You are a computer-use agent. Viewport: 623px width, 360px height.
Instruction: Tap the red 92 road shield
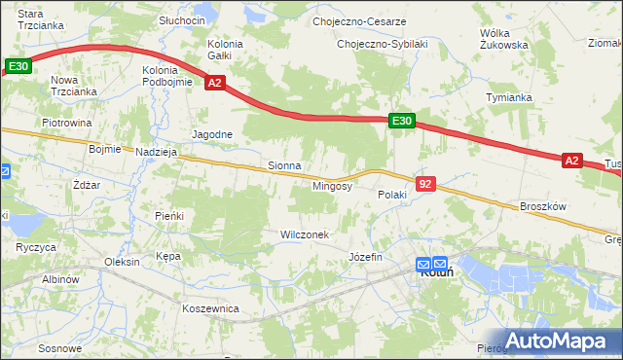(x=424, y=183)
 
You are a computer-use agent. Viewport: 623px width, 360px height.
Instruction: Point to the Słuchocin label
(x=183, y=20)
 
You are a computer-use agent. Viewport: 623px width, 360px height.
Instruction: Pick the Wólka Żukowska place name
(x=504, y=38)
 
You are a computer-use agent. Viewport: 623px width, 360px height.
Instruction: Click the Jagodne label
(x=212, y=134)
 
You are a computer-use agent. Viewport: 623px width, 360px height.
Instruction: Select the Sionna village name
(x=284, y=166)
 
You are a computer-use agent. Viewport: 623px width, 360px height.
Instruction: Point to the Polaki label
(x=392, y=195)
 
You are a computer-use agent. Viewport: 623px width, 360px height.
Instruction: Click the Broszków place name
(x=543, y=206)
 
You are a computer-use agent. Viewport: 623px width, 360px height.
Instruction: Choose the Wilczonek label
(x=305, y=235)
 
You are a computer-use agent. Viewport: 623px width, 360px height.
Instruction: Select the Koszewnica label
(x=210, y=307)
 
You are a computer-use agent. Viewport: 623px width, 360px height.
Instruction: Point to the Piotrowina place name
(x=66, y=124)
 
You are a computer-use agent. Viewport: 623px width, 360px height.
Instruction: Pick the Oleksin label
(x=123, y=262)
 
